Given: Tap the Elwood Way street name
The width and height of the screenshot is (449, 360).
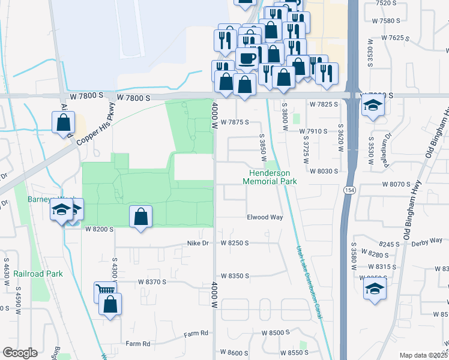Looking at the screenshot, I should coord(265,217).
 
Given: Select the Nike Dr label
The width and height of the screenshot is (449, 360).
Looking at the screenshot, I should coord(197,243).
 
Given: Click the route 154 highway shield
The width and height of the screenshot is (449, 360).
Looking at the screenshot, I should coord(348,190).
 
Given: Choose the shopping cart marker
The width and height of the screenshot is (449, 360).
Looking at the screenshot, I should coord(104,292).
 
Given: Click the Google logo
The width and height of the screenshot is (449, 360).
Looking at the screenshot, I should coord(20,353).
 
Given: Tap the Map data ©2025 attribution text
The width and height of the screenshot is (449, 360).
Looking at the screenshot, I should coord(423,355).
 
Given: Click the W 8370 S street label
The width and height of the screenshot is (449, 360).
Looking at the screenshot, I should coord(151,281).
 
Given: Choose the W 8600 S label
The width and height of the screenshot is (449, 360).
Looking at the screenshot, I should coord(234,352).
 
